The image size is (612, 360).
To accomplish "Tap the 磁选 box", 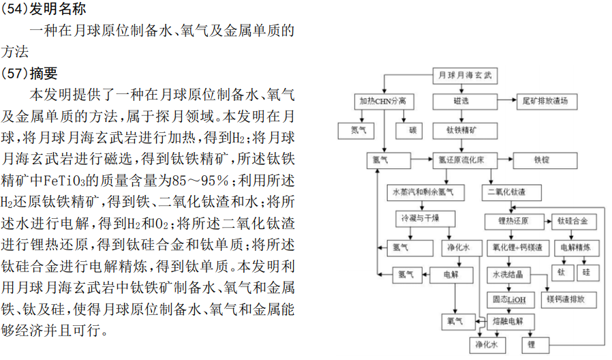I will [x=461, y=101].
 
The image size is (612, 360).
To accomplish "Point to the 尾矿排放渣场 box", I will [x=549, y=101].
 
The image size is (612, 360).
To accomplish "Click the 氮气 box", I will [x=358, y=130].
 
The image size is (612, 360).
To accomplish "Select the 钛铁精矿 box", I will [x=461, y=130].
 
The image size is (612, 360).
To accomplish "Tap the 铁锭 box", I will [x=542, y=161].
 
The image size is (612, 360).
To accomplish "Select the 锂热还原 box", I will [x=513, y=222].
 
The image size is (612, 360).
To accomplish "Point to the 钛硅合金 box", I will [x=577, y=222].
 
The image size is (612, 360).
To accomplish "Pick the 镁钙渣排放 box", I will [x=570, y=299].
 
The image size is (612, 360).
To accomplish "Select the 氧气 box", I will [x=455, y=320].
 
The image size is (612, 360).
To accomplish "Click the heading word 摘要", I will [x=44, y=73].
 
